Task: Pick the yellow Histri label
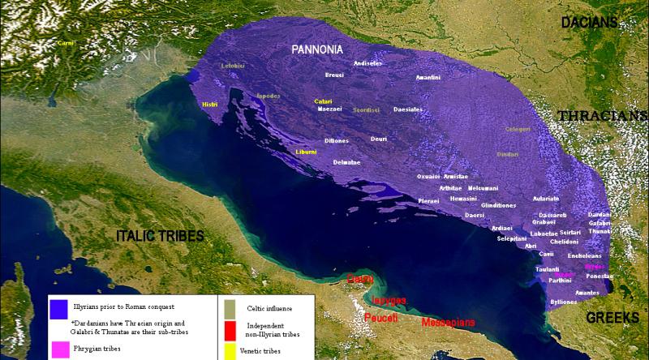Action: tap(210, 105)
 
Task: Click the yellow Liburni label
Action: tap(307, 152)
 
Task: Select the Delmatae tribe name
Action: tap(346, 162)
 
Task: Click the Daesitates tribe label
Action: tap(408, 109)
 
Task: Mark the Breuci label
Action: tap(334, 74)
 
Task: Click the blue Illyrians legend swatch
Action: tap(57, 308)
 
